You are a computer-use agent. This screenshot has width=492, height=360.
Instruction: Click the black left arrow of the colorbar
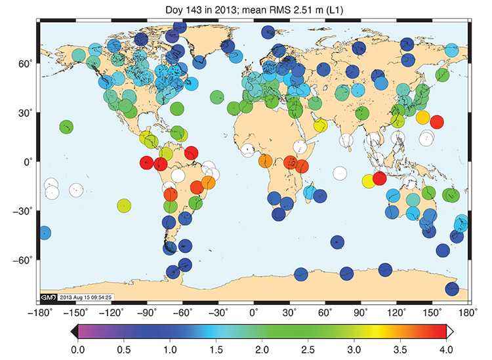coord(73,331)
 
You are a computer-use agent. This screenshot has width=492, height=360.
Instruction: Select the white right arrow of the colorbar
coord(452,331)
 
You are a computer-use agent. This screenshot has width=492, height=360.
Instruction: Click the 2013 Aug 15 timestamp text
coord(87,297)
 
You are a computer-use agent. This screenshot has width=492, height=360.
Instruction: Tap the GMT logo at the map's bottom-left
coord(49,297)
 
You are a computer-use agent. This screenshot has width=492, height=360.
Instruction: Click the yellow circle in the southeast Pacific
coord(124,205)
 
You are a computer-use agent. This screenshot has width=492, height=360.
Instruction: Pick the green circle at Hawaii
coord(66,127)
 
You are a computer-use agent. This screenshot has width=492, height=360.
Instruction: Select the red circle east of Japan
coord(436,121)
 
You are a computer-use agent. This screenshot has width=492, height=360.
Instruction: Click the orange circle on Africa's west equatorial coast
coord(266,161)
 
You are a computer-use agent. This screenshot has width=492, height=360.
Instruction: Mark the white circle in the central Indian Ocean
coord(339,173)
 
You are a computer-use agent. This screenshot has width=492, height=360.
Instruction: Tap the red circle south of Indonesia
coord(379,178)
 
